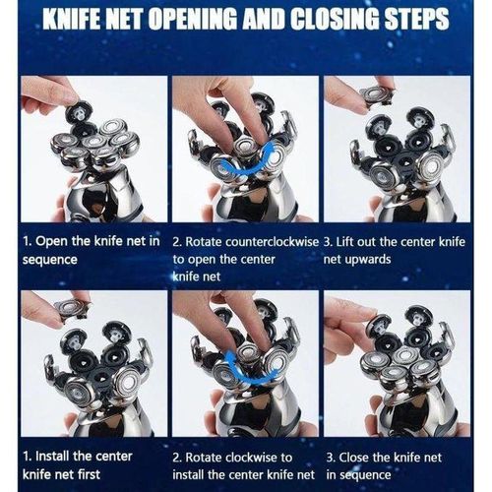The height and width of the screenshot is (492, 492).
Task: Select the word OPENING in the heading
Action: click(x=193, y=20)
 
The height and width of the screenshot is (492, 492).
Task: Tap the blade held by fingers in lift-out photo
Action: click(x=377, y=95)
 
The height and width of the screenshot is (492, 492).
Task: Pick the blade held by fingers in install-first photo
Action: click(x=72, y=308)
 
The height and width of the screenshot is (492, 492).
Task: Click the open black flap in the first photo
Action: click(x=79, y=114)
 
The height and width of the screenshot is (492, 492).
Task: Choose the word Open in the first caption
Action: click(x=51, y=242)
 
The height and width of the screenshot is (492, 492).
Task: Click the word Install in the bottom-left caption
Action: click(x=52, y=457)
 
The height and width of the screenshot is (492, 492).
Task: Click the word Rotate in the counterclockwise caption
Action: click(x=203, y=242)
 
